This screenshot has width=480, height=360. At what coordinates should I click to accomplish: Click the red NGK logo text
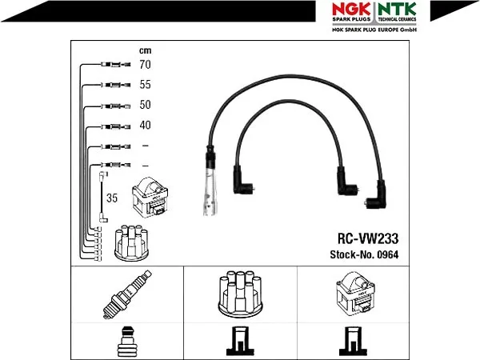click(351, 9)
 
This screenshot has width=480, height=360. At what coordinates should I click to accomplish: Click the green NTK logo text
click(397, 9)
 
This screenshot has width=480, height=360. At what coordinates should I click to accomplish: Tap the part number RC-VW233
click(368, 238)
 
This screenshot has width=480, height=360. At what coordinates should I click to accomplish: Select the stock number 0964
click(388, 254)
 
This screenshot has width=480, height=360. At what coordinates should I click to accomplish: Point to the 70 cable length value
click(145, 64)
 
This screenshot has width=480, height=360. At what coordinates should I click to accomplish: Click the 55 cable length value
click(145, 85)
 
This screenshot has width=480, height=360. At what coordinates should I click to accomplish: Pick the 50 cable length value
click(145, 105)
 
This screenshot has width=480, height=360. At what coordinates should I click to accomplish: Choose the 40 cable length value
click(145, 125)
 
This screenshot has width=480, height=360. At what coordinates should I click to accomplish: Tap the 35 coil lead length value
click(112, 198)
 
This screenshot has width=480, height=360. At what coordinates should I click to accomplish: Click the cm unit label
click(145, 50)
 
